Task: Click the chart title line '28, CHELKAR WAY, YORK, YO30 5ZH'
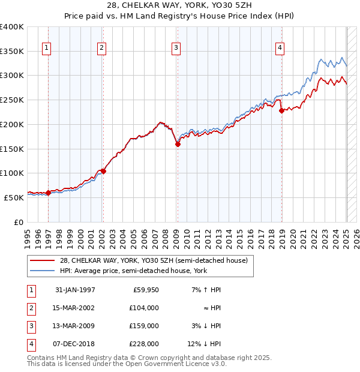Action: coord(180,5)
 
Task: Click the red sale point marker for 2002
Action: coord(103,172)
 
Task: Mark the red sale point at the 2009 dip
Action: coord(178,144)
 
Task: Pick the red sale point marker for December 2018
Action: coord(281,110)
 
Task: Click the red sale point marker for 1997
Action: coord(48,193)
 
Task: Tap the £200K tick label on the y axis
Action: coord(12,124)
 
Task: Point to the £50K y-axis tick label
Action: coord(14,197)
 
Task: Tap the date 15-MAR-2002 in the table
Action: coord(74,308)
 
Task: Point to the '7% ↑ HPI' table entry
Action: coord(206,290)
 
